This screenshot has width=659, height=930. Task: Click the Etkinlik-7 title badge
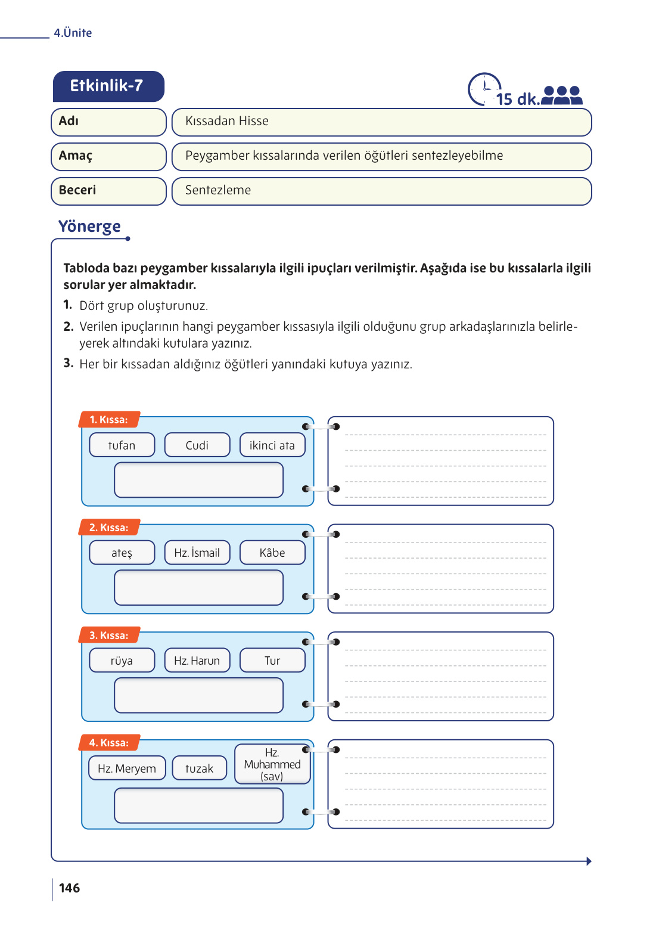point(108,86)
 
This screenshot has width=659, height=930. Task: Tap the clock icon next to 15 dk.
point(484,89)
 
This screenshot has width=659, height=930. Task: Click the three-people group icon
point(561,95)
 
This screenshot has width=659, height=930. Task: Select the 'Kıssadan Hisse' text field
point(381,122)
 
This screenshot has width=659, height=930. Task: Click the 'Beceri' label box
point(108,191)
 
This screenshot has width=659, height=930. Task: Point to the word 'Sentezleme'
point(218,190)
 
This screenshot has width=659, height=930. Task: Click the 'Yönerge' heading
point(89,227)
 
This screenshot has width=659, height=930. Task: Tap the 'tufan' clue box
point(122,445)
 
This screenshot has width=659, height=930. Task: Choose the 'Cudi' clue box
point(197,445)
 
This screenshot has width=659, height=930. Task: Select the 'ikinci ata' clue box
point(272,445)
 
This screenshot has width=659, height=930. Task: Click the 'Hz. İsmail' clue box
point(197,553)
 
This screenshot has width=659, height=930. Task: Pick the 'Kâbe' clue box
point(272,553)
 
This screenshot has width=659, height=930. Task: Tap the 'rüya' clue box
point(122,661)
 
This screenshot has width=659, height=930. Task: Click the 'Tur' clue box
point(272,661)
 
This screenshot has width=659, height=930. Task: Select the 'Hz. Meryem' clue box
point(127,768)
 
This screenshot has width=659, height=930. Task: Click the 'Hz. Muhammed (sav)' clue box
point(272,764)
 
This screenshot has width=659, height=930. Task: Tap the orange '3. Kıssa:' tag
point(109,635)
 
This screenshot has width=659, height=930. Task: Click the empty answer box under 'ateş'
point(198,588)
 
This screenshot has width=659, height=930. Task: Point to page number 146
point(70,888)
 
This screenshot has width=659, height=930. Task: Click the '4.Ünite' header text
point(73,33)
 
